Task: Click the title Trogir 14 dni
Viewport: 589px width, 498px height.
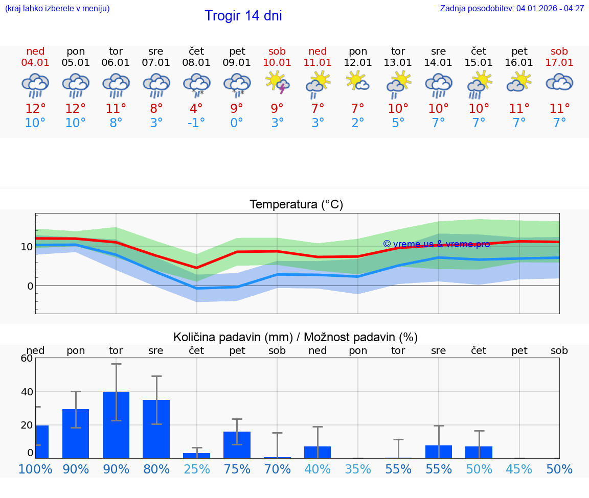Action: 243,16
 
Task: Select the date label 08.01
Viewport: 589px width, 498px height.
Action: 196,63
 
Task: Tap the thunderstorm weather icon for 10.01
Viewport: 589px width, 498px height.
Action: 277,83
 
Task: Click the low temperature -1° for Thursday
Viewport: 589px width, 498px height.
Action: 196,123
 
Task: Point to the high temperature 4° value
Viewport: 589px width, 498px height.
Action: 196,108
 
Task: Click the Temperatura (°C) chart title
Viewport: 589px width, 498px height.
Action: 296,205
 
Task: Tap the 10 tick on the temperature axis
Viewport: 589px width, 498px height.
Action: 27,247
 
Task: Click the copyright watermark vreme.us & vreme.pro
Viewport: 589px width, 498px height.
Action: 436,244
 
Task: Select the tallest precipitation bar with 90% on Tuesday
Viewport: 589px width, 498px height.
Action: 116,424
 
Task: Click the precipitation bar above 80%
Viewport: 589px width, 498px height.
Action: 156,429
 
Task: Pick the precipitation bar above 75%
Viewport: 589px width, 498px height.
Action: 237,444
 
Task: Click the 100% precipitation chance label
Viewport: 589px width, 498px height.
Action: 35,469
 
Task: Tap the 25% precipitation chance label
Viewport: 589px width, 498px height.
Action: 196,469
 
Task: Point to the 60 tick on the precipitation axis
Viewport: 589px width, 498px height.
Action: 27,358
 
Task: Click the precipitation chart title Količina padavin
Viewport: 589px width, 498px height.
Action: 296,337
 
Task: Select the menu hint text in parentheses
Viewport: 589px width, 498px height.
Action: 57,8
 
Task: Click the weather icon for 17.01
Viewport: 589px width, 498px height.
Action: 559,83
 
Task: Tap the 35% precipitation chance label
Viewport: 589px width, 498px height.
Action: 358,469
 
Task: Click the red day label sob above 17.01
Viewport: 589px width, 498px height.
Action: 559,52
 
